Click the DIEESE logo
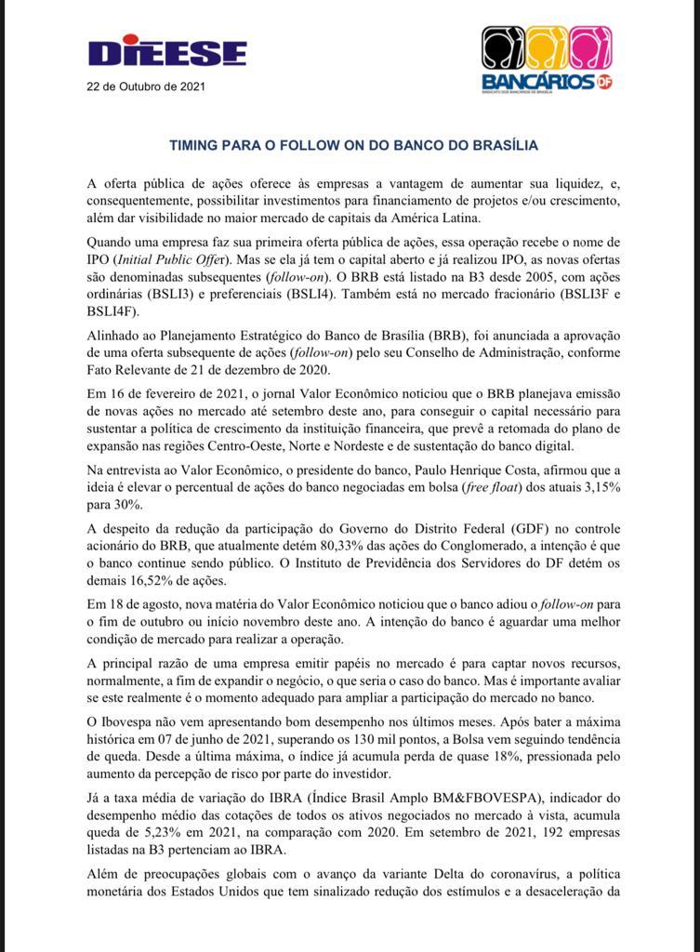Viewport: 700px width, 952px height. click(167, 52)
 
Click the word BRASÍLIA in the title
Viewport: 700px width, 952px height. click(502, 145)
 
